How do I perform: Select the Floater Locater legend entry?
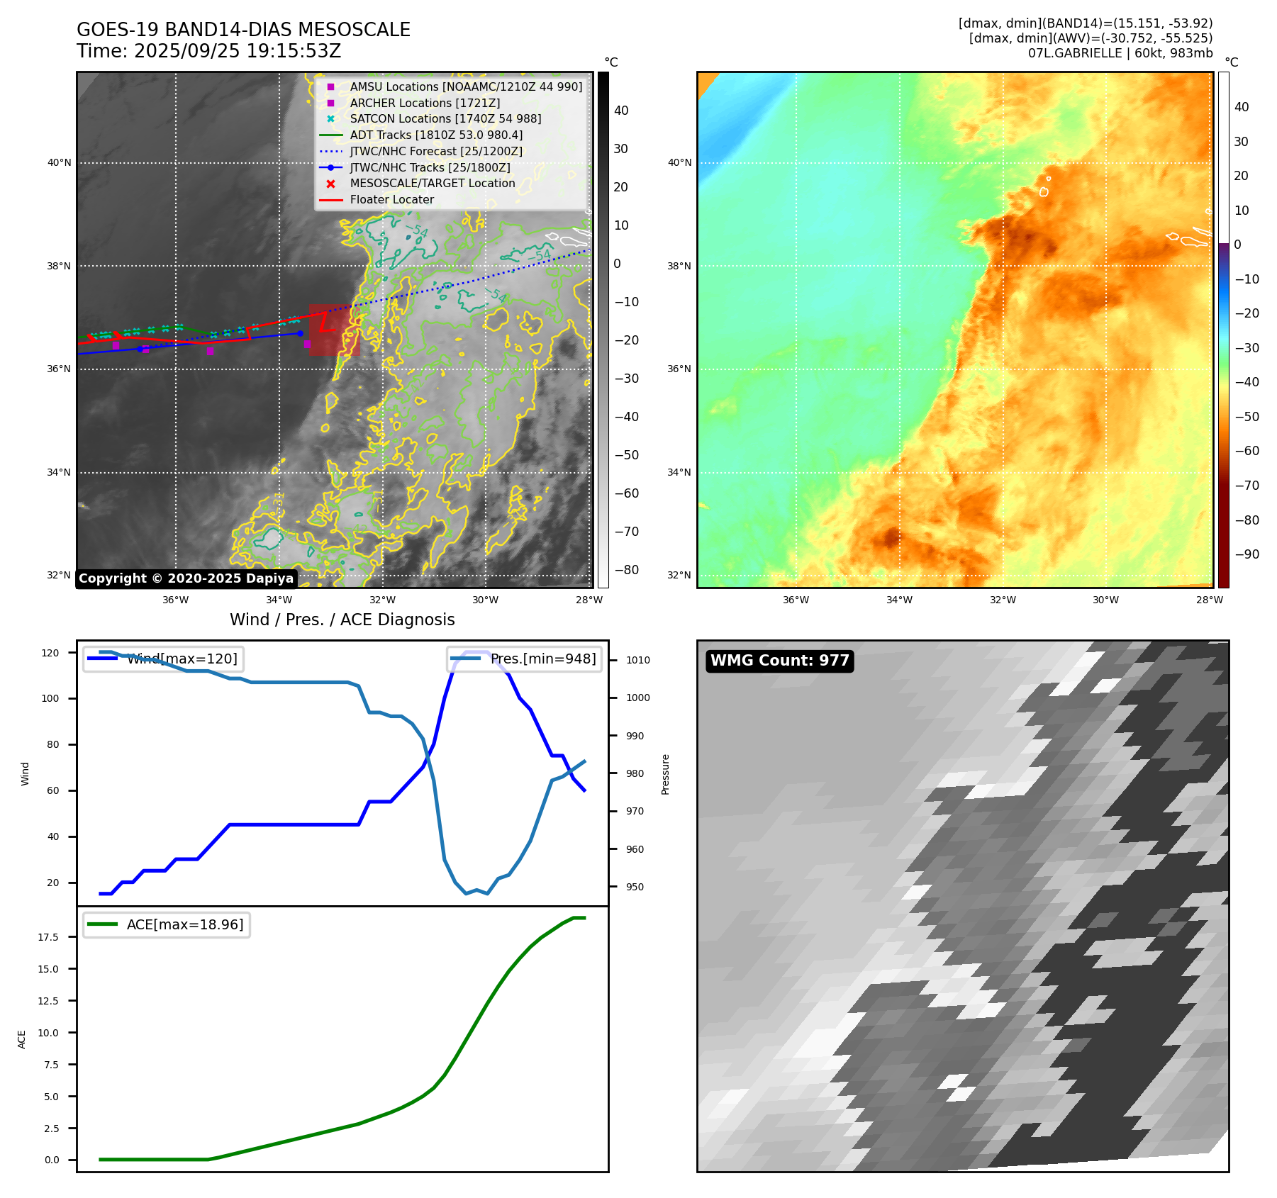tap(391, 200)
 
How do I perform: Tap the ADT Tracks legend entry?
tap(435, 135)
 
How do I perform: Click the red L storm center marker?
tap(325, 324)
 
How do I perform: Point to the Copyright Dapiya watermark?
tap(186, 578)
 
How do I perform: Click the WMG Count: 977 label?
tap(779, 661)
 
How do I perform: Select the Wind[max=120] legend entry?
tap(182, 659)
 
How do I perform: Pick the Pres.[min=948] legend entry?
tap(542, 659)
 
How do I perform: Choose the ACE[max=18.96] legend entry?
tap(184, 925)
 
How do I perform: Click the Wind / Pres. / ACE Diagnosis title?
tap(342, 620)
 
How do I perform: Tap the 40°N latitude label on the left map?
tap(60, 163)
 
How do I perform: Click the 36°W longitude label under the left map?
tap(176, 600)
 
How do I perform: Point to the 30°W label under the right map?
tap(1105, 600)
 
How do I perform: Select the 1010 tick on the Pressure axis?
tap(637, 660)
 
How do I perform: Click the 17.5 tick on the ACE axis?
tap(48, 937)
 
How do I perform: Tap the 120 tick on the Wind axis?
tap(50, 653)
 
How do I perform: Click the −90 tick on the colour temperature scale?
tap(1247, 554)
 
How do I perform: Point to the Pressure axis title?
tap(666, 774)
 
